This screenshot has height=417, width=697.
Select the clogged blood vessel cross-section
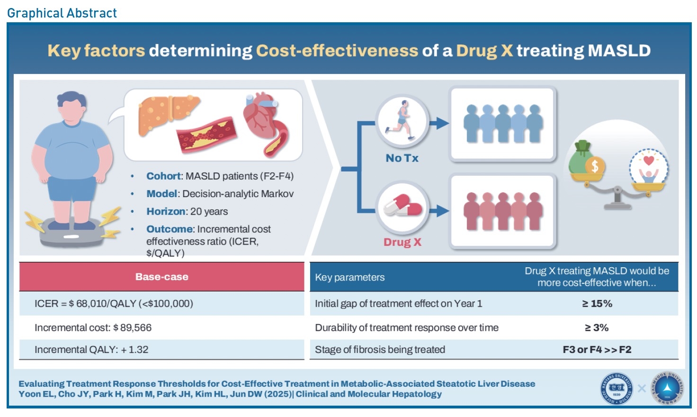tap(206, 135)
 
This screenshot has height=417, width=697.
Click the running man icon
tap(400, 119)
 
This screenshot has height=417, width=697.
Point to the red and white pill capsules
tap(403, 205)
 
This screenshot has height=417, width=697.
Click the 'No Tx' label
tap(402, 158)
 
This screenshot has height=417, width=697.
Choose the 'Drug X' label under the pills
tap(402, 242)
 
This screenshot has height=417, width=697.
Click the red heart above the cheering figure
tap(649, 161)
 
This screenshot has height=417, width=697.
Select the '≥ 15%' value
tap(597, 304)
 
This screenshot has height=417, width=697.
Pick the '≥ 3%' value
tap(597, 327)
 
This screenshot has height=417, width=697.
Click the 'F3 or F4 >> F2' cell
tap(597, 350)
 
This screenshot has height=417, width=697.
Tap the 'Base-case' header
tap(162, 277)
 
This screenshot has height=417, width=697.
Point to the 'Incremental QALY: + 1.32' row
tap(91, 350)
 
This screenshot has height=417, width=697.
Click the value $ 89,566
tap(132, 327)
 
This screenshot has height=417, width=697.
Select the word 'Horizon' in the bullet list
tap(166, 211)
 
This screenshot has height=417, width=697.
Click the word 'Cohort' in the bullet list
tap(163, 176)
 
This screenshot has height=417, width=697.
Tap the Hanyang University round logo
tap(616, 389)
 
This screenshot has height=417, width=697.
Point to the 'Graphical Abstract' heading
tap(62, 13)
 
